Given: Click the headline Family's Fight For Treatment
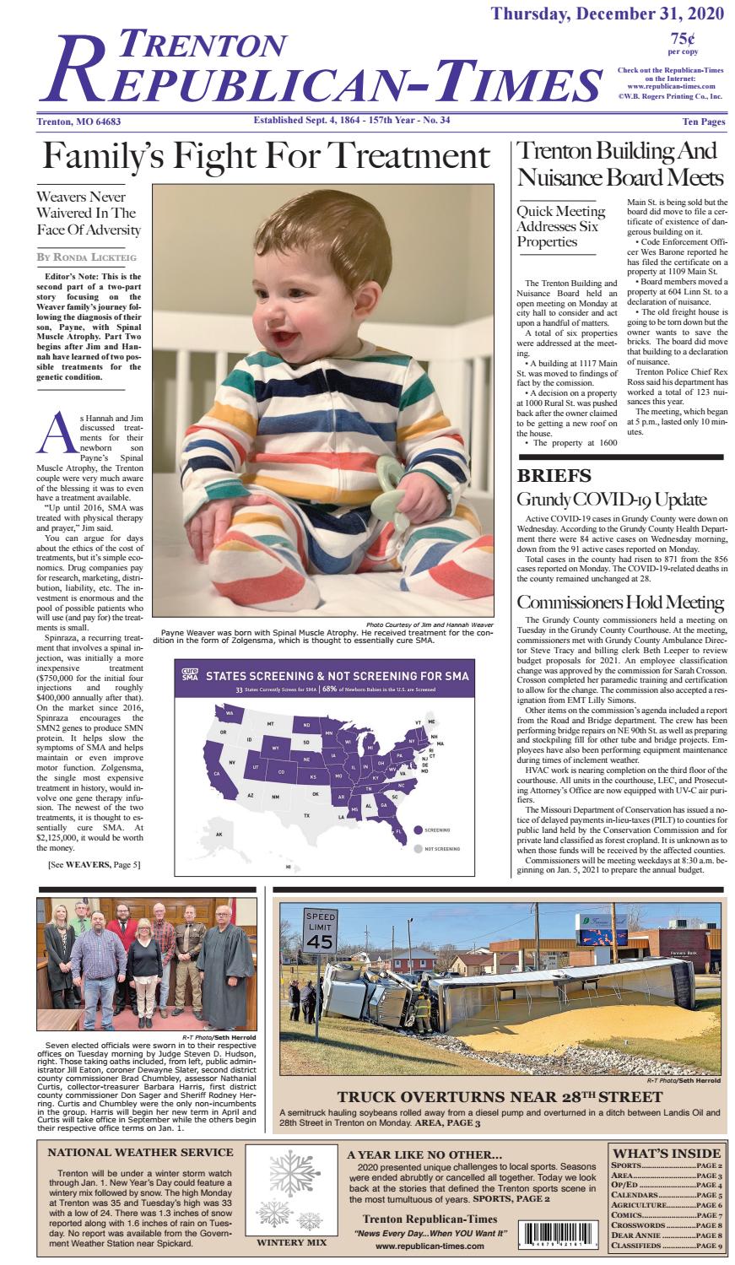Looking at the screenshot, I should point(266,156).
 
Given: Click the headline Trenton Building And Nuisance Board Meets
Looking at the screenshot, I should point(619,165).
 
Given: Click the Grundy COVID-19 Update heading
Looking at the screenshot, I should point(611,499).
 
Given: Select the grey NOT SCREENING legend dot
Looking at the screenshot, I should point(418,847).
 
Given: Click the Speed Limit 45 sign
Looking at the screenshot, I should point(320,933).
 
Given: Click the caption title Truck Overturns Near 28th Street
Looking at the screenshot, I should point(500,1097).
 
